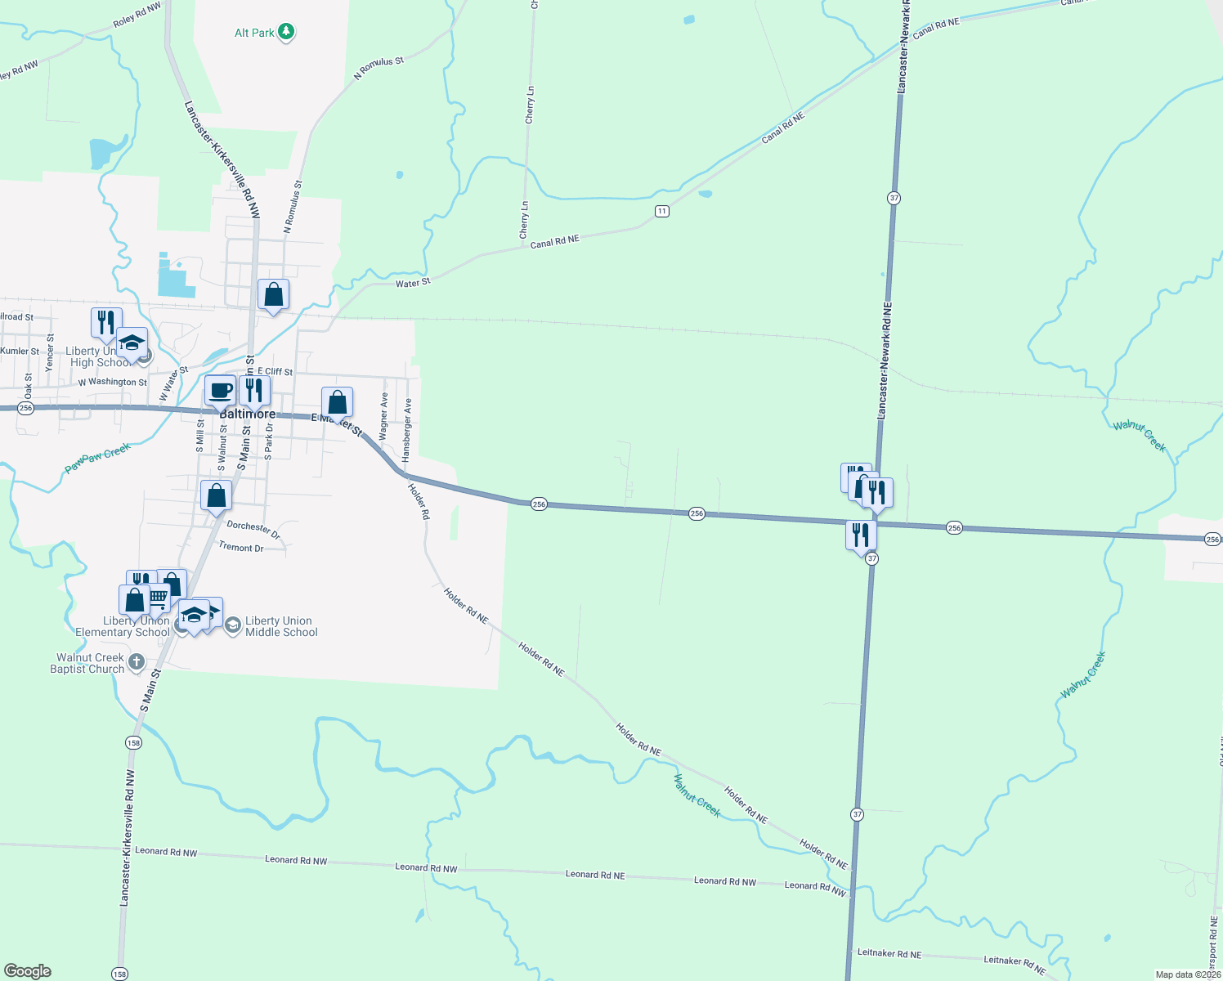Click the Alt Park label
(x=254, y=33)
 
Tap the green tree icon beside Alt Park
(x=285, y=32)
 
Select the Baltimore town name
(x=248, y=414)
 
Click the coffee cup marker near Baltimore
(x=220, y=390)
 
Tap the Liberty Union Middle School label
(x=281, y=626)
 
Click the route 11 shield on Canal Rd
(x=661, y=211)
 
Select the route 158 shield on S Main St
(x=133, y=743)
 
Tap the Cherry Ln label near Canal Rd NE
(x=524, y=220)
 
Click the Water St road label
(x=413, y=283)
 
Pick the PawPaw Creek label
(x=97, y=457)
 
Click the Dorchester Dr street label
(x=253, y=529)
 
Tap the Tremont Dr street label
(x=241, y=548)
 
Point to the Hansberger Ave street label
(x=406, y=429)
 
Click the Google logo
(x=28, y=971)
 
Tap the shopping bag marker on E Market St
(x=337, y=402)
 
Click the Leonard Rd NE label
(x=595, y=875)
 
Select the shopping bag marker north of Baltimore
(x=273, y=294)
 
